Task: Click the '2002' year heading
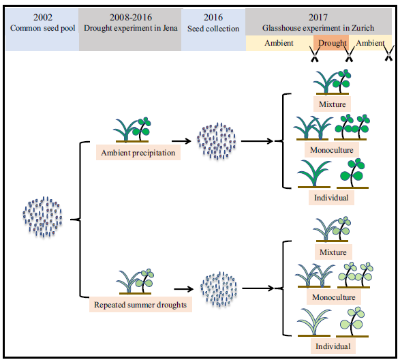point(43,17)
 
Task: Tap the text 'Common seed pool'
point(43,28)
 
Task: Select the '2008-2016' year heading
point(131,17)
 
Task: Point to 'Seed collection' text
point(213,29)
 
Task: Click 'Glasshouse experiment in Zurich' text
point(318,28)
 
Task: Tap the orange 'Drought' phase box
point(331,43)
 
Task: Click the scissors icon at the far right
point(388,54)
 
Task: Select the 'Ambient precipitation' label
point(138,153)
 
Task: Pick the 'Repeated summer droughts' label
point(140,304)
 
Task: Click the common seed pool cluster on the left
point(43,217)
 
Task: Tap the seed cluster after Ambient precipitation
point(216,141)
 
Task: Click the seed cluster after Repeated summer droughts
point(219,289)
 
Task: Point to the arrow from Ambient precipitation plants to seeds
point(181,141)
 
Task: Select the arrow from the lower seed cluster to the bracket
point(258,288)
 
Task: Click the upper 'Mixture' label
point(332,104)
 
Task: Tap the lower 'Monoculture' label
point(334,297)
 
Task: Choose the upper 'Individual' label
point(331,198)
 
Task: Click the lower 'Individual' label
point(333,346)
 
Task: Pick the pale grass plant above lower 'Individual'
point(314,322)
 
